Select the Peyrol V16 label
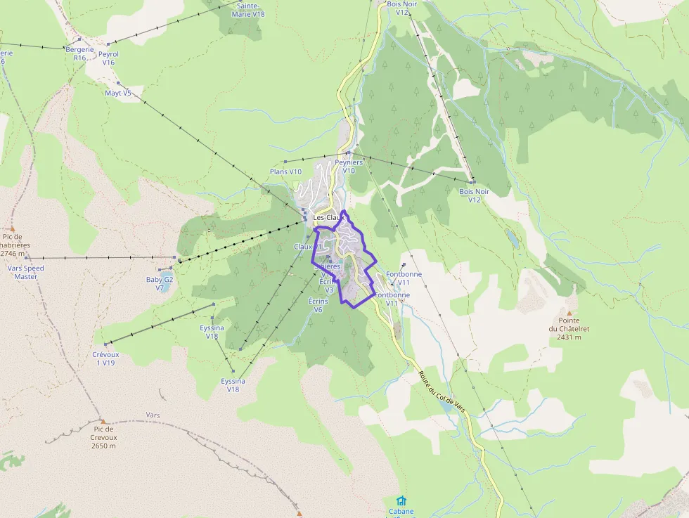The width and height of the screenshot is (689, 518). tap(108, 58)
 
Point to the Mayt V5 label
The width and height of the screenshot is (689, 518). tap(117, 93)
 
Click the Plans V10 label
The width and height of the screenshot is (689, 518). tap(285, 171)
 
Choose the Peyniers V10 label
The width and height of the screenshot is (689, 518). tap(349, 166)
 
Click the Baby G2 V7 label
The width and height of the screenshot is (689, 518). tap(160, 283)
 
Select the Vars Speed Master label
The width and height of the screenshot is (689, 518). tap(25, 272)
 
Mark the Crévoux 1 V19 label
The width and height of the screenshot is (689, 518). tap(105, 358)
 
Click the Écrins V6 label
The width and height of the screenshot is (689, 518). tap(318, 304)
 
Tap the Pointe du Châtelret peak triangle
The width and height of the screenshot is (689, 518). tap(569, 312)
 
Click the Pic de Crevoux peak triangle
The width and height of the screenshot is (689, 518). tap(102, 421)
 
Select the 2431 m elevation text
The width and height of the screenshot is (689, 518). tap(569, 337)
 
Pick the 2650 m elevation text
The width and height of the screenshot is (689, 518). tap(103, 446)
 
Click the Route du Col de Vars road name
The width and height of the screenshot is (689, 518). tap(442, 392)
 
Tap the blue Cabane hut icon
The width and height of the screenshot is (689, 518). tap(401, 500)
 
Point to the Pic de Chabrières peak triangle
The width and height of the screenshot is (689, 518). tap(12, 228)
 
